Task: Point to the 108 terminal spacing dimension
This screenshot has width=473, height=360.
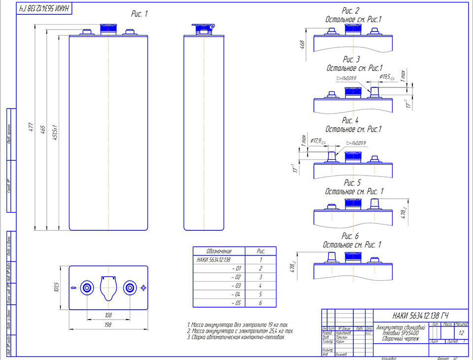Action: (108, 315)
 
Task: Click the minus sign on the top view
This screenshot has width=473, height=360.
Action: (73, 288)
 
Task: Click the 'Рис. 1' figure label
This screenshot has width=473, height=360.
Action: (139, 14)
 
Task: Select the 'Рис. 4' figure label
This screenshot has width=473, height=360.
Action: (351, 120)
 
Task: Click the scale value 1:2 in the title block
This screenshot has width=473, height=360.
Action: (461, 332)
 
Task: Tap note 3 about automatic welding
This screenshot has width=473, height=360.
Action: (236, 337)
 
